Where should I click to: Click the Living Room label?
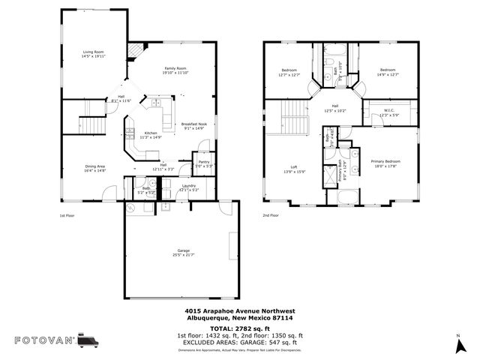click(94, 53)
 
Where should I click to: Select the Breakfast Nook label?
click(192, 126)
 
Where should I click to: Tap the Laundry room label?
click(188, 187)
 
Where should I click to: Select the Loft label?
click(295, 169)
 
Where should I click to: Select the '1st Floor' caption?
click(68, 215)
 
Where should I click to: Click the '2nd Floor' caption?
click(270, 215)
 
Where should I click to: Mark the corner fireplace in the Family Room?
click(134, 51)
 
